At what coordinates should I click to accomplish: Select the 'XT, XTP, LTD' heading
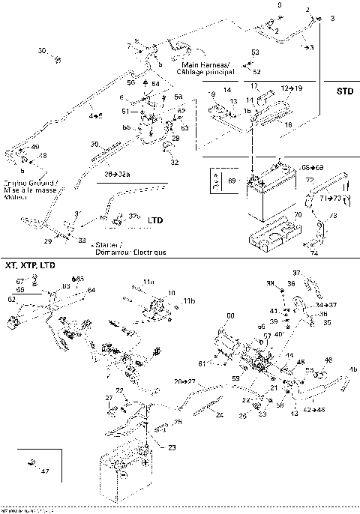tap(29, 266)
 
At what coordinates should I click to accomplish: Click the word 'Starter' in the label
tap(104, 245)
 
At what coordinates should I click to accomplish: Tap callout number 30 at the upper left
tap(42, 51)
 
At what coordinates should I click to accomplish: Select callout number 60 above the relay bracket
tap(230, 315)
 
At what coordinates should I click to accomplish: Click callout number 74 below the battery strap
tap(313, 254)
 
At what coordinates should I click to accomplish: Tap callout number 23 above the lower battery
tap(172, 447)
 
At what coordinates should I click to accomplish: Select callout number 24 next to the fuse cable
tap(220, 414)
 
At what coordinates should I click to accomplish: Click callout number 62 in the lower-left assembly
tap(11, 298)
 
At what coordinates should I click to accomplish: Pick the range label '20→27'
tap(184, 381)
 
